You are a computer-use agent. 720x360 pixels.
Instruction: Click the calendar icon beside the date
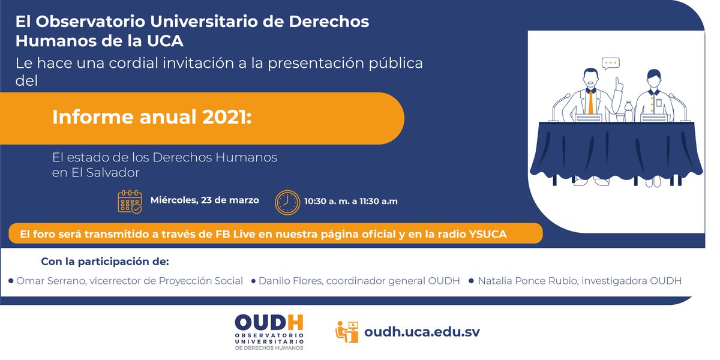(x=130, y=202)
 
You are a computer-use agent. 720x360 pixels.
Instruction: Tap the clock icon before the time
(x=287, y=202)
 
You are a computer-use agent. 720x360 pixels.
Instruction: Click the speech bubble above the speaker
(x=610, y=63)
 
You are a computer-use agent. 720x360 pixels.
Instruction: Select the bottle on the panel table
(x=628, y=112)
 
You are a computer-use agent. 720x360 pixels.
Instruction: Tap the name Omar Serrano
(x=47, y=281)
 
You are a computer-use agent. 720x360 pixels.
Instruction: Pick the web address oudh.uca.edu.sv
(x=422, y=331)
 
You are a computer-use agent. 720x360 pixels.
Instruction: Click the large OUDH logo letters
(x=269, y=322)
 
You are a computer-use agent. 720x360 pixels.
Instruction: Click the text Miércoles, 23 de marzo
(x=205, y=200)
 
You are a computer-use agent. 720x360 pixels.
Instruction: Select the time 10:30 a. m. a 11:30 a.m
(x=350, y=201)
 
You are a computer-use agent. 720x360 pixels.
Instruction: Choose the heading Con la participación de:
(x=105, y=262)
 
